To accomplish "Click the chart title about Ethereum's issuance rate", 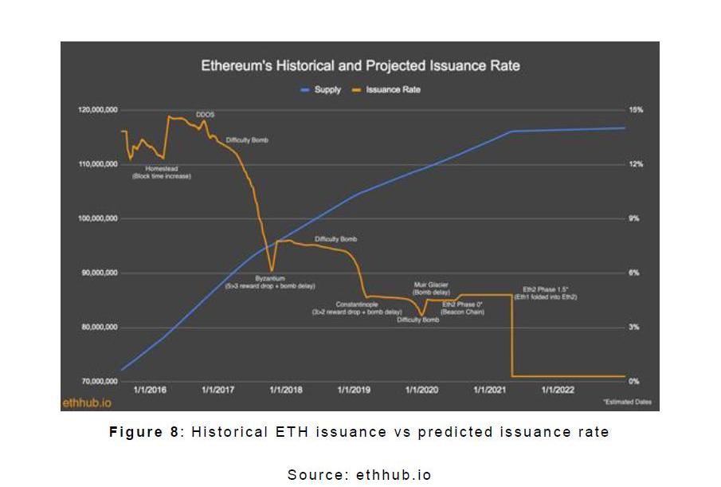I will point(360,65).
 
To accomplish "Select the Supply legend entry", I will point(323,90).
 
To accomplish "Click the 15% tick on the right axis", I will point(635,110).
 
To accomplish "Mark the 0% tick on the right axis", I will point(634,382).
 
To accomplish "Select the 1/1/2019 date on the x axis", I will point(354,390).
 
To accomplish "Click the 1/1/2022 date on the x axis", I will point(558,390).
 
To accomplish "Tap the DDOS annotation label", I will point(205,115).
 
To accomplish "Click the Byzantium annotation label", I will point(270,278).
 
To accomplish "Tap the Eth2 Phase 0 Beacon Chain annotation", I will point(464,308).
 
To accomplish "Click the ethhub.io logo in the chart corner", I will point(87,403).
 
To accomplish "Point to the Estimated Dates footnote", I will point(627,403).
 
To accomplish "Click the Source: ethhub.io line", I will point(359,474).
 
